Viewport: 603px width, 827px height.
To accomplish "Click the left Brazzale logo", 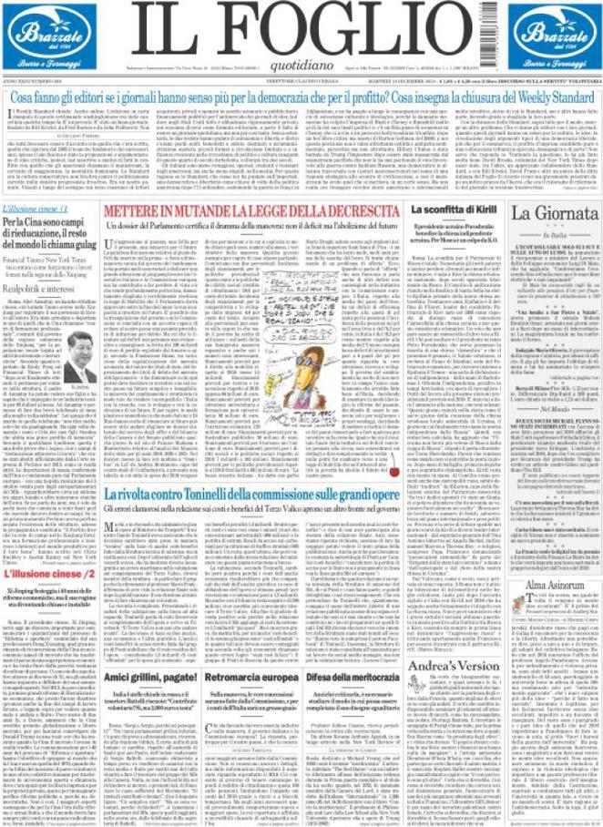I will point(46,42).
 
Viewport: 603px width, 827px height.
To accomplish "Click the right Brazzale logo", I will point(555,42).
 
